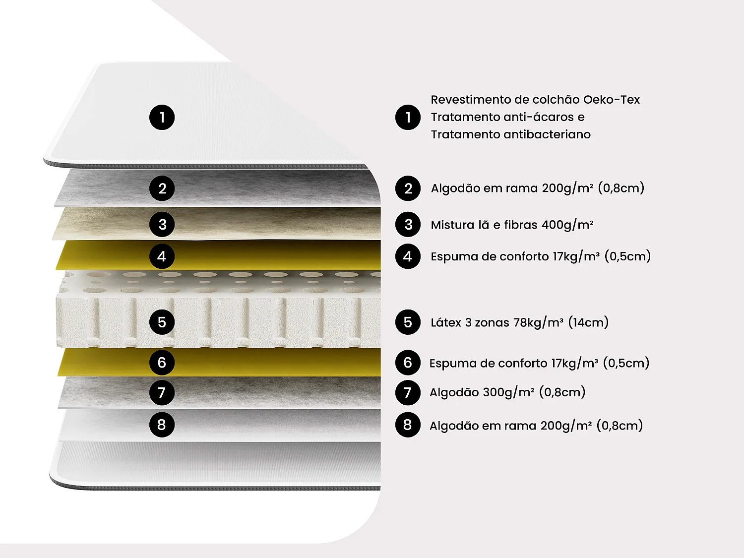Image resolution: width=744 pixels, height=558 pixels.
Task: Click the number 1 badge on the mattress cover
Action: (x=162, y=118)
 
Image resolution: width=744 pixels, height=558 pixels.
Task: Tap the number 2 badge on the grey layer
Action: (x=162, y=188)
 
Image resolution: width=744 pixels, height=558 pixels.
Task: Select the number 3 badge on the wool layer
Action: (x=162, y=224)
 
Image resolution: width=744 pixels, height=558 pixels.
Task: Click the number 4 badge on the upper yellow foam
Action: (x=162, y=256)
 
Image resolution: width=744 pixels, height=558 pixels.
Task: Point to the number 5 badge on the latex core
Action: (x=162, y=322)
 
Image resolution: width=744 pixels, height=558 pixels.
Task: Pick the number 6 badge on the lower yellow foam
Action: (x=162, y=363)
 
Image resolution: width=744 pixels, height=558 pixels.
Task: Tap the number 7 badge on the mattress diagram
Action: (x=162, y=392)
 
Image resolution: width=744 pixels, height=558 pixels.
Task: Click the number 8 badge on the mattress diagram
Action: (x=162, y=425)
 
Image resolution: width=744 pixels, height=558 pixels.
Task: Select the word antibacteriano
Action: (x=547, y=134)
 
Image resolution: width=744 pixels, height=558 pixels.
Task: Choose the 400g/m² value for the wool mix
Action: (x=567, y=225)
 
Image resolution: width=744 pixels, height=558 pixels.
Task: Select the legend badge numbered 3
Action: (x=408, y=224)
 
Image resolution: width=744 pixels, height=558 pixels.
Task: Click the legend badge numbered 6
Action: (x=408, y=363)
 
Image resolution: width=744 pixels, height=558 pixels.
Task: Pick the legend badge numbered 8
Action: (x=408, y=425)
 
